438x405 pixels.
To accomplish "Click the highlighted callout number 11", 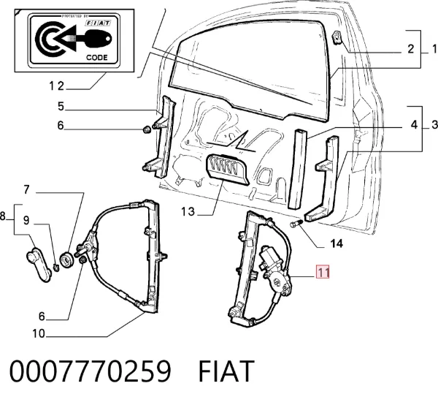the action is click(x=323, y=272).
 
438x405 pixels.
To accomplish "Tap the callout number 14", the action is click(x=337, y=243).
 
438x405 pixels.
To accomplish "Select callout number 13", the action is click(x=188, y=211).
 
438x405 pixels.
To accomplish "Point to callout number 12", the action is click(x=57, y=86).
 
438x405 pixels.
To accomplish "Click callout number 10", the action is click(x=39, y=333).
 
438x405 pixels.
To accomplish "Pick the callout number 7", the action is click(x=26, y=189).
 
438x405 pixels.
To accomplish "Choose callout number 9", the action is click(x=26, y=220).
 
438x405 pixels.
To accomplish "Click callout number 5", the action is click(x=61, y=106).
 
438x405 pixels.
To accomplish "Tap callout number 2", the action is click(x=410, y=49).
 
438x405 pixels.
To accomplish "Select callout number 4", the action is click(x=414, y=125).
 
